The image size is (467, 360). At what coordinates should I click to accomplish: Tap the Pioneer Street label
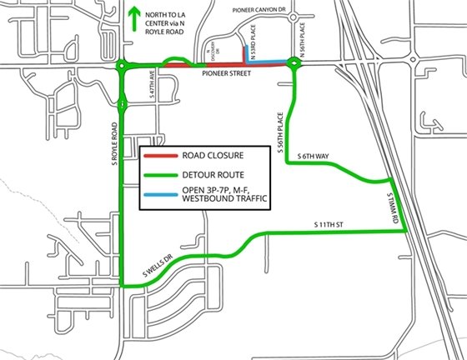point(226,74)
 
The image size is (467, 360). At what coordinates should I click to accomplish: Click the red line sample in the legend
point(158,155)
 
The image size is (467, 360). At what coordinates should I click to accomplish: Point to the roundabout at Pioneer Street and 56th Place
point(294,63)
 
